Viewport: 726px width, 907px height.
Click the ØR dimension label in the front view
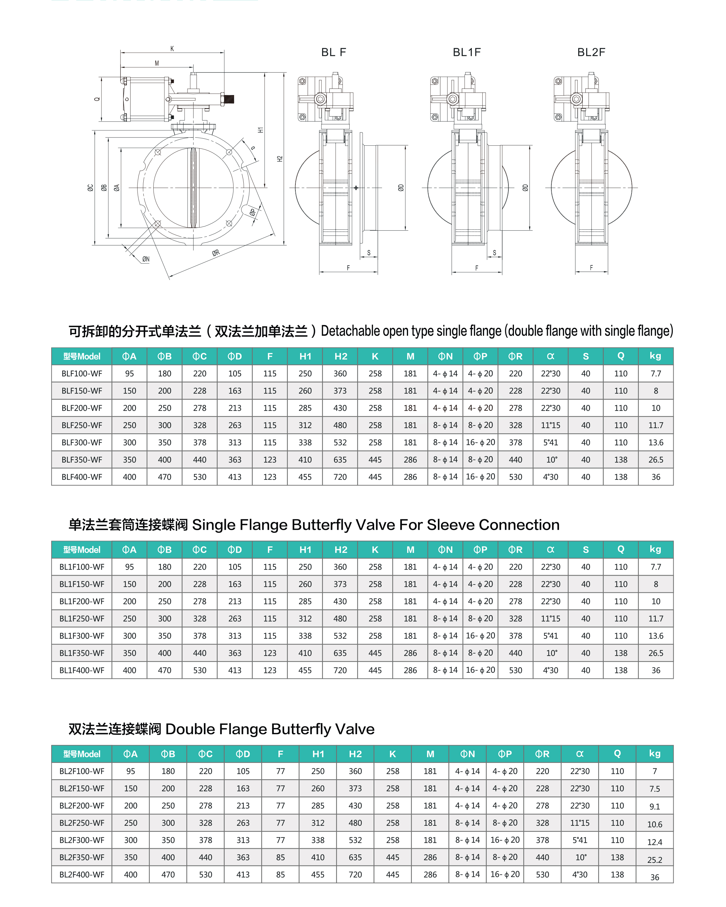(216, 253)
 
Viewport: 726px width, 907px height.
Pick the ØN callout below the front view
(146, 259)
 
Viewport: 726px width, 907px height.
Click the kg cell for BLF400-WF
(656, 477)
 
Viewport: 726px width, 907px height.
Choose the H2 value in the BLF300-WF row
(340, 443)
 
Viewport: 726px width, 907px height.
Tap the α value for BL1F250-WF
(550, 618)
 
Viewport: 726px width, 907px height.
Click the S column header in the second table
(585, 549)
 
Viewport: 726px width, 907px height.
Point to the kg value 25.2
(654, 860)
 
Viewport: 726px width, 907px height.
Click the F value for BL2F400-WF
(280, 875)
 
